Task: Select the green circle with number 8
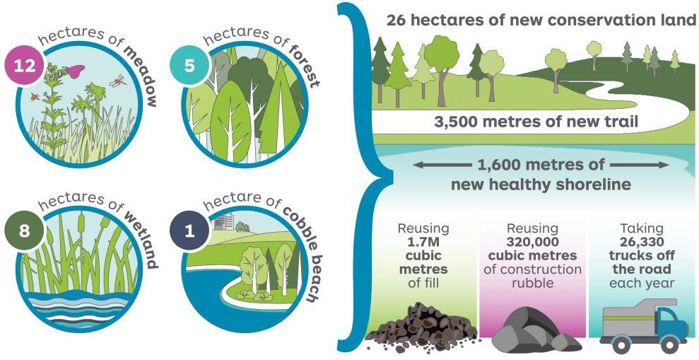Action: pyautogui.click(x=21, y=231)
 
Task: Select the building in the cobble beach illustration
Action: pyautogui.click(x=225, y=221)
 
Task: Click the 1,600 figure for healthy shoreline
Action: pyautogui.click(x=503, y=166)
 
